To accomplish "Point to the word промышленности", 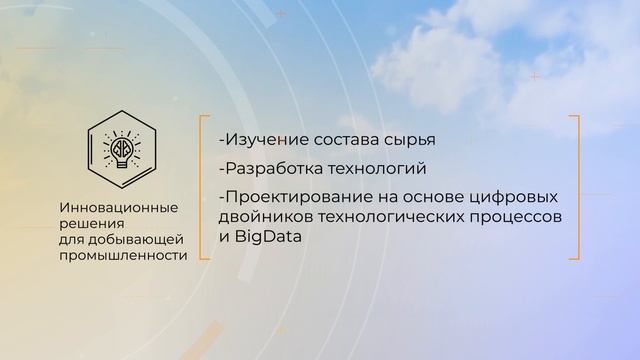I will (123, 255).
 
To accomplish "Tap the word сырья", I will (414, 138).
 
